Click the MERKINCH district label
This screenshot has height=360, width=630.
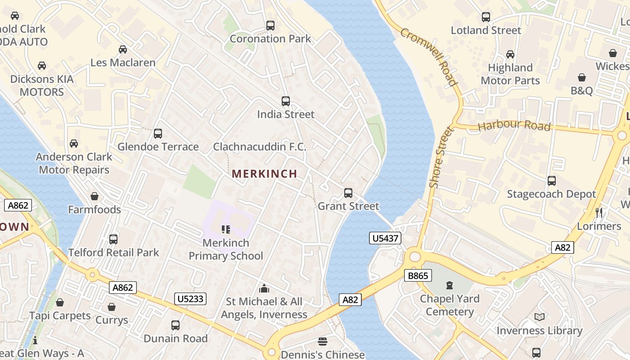point(264,174)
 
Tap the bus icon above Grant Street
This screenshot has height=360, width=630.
point(348,193)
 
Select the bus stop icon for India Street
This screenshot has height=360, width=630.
point(286,101)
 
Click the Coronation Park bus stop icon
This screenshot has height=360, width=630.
point(270,26)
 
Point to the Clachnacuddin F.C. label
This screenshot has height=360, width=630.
point(260,147)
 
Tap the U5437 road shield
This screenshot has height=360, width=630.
point(385,238)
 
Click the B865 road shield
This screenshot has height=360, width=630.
point(418,275)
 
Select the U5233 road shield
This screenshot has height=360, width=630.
point(190,298)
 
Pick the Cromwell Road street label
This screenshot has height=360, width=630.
point(428,57)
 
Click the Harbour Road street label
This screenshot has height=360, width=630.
point(514,126)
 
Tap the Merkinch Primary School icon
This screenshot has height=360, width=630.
point(226,230)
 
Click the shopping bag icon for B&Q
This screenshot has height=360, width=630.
point(582,77)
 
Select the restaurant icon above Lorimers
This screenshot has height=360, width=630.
point(599,212)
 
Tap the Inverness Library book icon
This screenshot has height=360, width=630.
point(540,317)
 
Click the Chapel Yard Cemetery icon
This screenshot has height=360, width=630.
point(449,285)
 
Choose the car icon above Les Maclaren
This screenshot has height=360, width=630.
point(123,49)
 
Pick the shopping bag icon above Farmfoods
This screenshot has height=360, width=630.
point(94,196)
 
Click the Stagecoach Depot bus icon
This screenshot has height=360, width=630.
point(552,181)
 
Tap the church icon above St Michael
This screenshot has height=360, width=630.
point(264,288)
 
